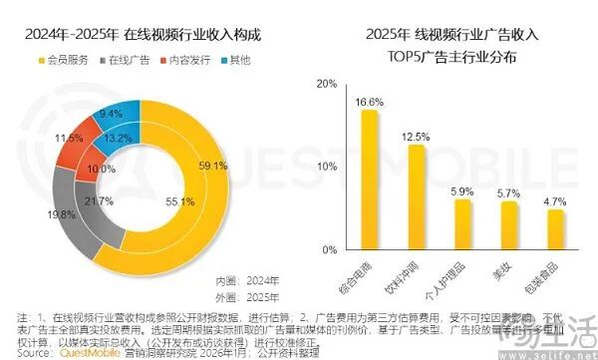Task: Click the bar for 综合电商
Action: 369,179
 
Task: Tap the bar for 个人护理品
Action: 462,223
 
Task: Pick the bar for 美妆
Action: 509,224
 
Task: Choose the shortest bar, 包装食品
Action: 555,228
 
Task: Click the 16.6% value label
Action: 369,102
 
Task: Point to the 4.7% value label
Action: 555,201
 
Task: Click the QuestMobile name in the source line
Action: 86,352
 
